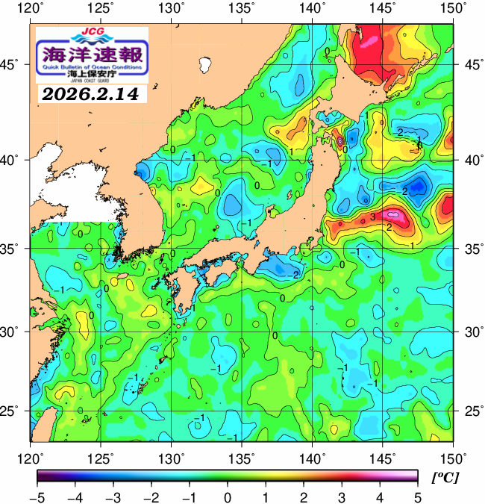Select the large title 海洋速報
click(92, 55)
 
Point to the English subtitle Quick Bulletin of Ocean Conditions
click(92, 69)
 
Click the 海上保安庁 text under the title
click(92, 75)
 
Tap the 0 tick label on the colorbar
click(228, 497)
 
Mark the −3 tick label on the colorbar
click(111, 497)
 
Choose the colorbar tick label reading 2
click(304, 497)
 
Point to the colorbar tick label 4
click(380, 497)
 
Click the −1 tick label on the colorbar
click(188, 497)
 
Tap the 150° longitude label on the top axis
click(453, 9)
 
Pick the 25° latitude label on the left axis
click(15, 411)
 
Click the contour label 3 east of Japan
click(372, 217)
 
